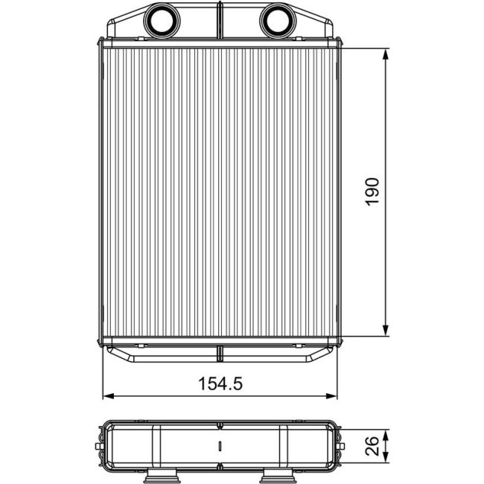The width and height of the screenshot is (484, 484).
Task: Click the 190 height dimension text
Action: point(374,191)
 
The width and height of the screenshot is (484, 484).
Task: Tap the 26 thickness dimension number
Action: point(374,445)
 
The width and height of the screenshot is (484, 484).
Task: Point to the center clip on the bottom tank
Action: point(220,353)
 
